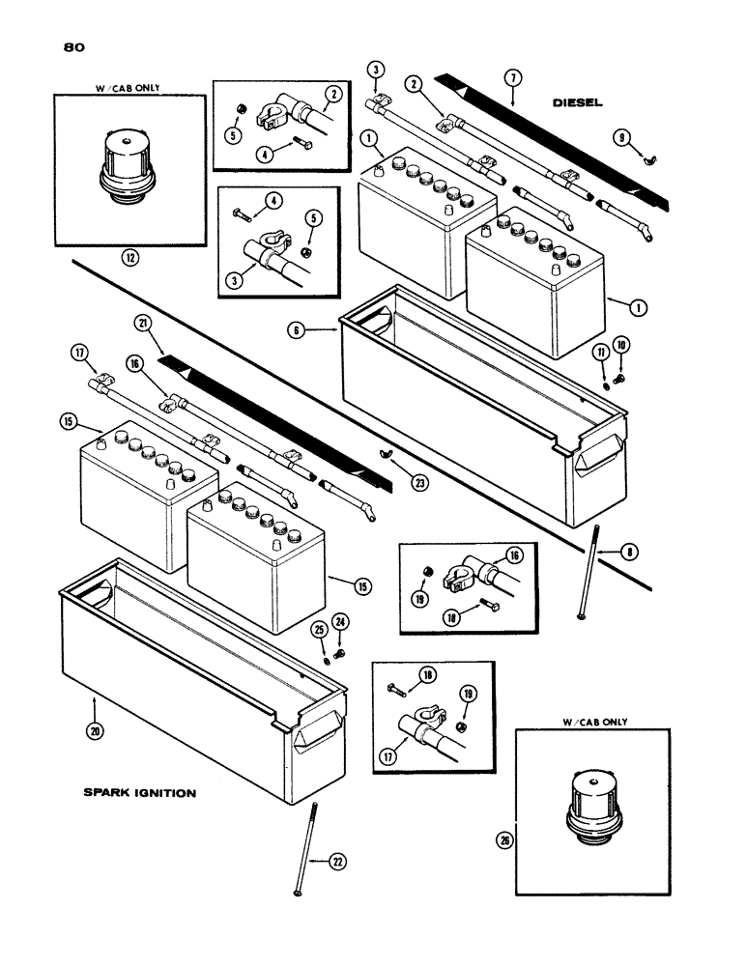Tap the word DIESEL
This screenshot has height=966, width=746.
(x=580, y=101)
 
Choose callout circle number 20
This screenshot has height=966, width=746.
(x=93, y=732)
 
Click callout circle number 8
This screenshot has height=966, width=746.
(x=603, y=553)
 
